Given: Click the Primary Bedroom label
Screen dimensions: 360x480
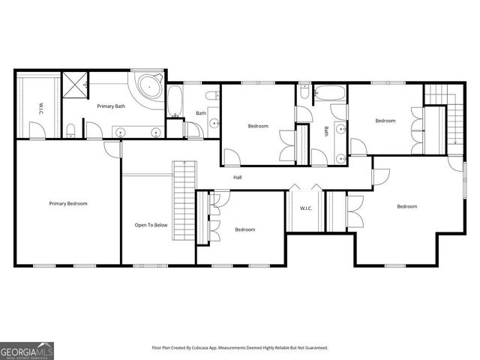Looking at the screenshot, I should (x=68, y=204).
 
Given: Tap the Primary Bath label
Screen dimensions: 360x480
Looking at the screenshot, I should (x=109, y=106).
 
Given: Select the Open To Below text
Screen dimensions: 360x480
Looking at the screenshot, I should (x=151, y=225).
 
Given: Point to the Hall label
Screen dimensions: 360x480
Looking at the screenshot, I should (x=237, y=178).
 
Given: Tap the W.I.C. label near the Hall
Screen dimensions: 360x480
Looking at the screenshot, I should (x=306, y=208).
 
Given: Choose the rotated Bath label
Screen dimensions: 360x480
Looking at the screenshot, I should (x=326, y=130).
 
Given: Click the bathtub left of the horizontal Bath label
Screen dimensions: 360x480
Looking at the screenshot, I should (x=175, y=103).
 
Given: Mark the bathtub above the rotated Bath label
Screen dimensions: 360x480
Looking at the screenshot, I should (x=330, y=94).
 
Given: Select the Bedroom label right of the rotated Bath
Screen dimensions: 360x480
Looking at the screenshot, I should (x=385, y=121).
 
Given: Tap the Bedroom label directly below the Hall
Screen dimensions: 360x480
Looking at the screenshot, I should (x=245, y=229).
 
